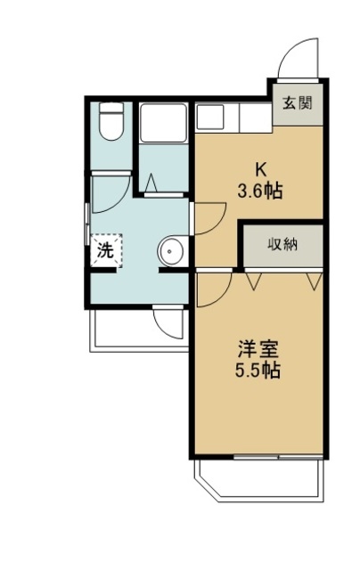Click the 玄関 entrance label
[298, 102]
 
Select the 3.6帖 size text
[260, 191]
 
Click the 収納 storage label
[283, 244]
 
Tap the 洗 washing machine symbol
[105, 251]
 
